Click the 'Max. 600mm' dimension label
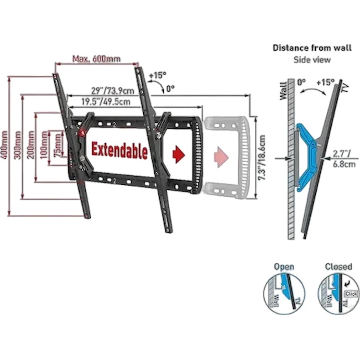point(96,59)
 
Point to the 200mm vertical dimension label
point(31,145)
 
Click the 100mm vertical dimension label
point(44,145)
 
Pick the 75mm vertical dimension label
point(57,145)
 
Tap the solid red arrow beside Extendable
point(178,154)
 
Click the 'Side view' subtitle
point(312,60)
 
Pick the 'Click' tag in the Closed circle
point(351,294)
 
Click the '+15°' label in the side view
point(325,83)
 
